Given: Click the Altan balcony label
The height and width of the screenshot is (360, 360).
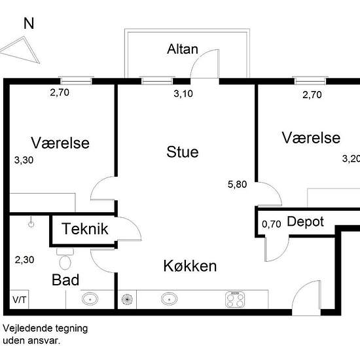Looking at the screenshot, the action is coord(183,49).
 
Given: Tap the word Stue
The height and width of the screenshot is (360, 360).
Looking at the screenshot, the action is coord(183,152).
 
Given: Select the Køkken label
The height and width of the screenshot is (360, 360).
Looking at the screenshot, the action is coord(190,266).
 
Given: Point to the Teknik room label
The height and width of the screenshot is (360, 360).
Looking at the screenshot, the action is coord(85,228).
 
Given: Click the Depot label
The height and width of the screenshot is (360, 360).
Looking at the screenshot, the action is coord(306,222).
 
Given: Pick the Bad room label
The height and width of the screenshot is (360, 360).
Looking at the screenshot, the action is coord(65,280).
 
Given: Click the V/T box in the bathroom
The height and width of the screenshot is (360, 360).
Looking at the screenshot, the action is coord(19,300).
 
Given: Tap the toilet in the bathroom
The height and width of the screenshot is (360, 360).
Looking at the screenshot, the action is coord(65,259).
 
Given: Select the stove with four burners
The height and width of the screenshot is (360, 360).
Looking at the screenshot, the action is coord(235,299).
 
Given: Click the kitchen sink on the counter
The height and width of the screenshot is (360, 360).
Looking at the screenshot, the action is coord(170,299).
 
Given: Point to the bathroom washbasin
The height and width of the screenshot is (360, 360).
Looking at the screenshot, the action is coord(90,299).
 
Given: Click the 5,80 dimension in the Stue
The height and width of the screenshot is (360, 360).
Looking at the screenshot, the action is coord(237,185).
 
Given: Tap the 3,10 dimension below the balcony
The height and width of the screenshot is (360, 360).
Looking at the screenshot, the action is coord(183,94).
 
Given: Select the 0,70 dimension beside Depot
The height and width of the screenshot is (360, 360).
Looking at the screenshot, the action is coord(272,224).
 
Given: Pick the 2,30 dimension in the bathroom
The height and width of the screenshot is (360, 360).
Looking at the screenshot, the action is coord(24,260).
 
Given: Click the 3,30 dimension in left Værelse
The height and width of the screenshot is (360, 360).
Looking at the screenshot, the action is coord(24,160).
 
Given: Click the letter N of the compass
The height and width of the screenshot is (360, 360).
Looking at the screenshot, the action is coord(29,23).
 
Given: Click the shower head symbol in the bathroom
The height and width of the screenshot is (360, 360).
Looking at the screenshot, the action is coord(31,223).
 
